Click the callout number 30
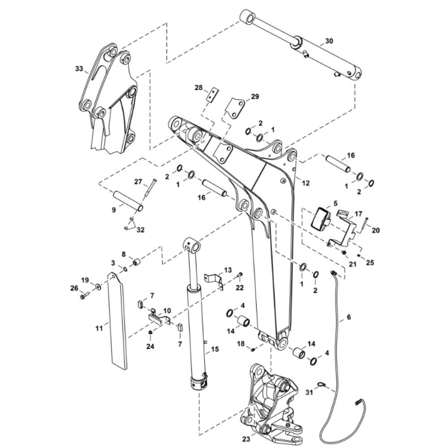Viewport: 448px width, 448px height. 329,41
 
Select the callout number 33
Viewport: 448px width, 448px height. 79,69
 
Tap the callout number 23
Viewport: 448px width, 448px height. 246,439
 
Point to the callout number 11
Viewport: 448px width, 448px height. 99,328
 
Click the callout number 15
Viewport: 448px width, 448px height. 215,349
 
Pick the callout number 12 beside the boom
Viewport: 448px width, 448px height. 306,183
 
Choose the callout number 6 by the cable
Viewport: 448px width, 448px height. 349,317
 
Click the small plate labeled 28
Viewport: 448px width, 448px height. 212,95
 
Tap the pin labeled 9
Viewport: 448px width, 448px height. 128,202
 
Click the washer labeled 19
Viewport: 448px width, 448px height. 98,286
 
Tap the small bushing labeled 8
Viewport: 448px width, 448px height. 137,262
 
